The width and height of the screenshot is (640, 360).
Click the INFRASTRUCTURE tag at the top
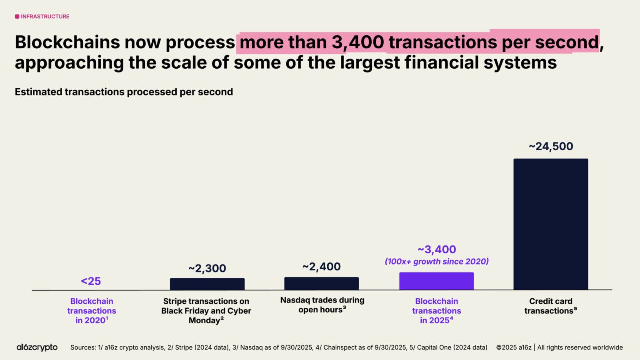(x=45, y=17)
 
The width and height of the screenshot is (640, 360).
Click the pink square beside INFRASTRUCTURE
(x=17, y=17)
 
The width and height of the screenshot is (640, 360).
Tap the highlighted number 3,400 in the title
(x=358, y=42)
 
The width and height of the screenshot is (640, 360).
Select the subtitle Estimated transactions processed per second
(x=124, y=92)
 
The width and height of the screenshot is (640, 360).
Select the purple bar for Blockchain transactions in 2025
(x=436, y=281)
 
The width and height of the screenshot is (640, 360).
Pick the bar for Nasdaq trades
(x=321, y=283)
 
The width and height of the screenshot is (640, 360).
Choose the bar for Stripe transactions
(x=207, y=284)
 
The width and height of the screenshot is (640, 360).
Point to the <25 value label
(x=91, y=281)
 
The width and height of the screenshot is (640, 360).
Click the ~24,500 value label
(x=551, y=146)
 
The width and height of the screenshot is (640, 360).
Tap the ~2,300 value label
(x=207, y=268)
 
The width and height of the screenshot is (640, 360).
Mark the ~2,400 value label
(x=321, y=267)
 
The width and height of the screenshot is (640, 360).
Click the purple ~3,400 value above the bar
(x=437, y=250)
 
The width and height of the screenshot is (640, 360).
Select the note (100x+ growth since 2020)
(x=437, y=262)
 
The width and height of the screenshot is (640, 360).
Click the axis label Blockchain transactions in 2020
(x=92, y=311)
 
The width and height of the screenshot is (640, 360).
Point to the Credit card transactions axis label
(x=550, y=306)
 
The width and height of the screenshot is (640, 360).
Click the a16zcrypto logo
(x=37, y=347)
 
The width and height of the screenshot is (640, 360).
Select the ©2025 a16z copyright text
(x=514, y=347)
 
